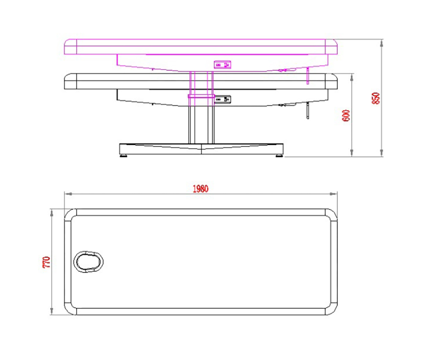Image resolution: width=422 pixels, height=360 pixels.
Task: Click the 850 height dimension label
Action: pyautogui.click(x=376, y=98)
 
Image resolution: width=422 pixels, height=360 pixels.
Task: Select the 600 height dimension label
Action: pyautogui.click(x=346, y=116)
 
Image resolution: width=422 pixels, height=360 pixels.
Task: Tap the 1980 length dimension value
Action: pyautogui.click(x=200, y=189)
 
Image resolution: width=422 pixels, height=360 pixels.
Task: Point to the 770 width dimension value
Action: pyautogui.click(x=46, y=262)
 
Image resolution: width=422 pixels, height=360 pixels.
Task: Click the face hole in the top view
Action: pyautogui.click(x=89, y=262)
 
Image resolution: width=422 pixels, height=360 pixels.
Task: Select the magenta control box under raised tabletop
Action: pyautogui.click(x=222, y=65)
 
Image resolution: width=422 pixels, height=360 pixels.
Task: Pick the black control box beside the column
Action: pyautogui.click(x=222, y=99)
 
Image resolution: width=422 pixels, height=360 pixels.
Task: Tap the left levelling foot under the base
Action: pyautogui.click(x=124, y=155)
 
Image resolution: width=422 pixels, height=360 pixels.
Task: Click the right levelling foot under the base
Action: pyautogui.click(x=279, y=155)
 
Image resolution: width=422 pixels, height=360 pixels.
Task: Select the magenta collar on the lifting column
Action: pyautogui.click(x=201, y=96)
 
